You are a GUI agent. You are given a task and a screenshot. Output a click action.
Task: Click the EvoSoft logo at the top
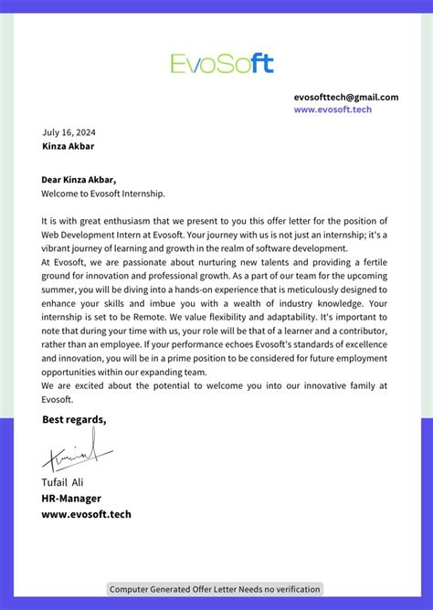222,63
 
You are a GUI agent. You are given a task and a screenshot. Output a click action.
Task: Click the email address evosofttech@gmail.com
346,97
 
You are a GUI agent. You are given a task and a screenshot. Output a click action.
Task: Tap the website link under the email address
333,110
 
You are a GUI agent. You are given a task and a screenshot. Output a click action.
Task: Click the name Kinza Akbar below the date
68,146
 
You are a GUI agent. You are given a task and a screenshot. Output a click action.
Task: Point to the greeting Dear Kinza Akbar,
79,180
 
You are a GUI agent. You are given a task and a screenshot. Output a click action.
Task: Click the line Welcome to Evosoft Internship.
103,194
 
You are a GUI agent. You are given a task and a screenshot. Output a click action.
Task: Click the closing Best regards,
74,420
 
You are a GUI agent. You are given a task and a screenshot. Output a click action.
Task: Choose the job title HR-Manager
71,498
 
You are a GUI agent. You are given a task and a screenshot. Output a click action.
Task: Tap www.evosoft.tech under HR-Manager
86,514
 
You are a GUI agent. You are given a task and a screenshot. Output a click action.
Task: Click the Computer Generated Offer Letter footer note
216,589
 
